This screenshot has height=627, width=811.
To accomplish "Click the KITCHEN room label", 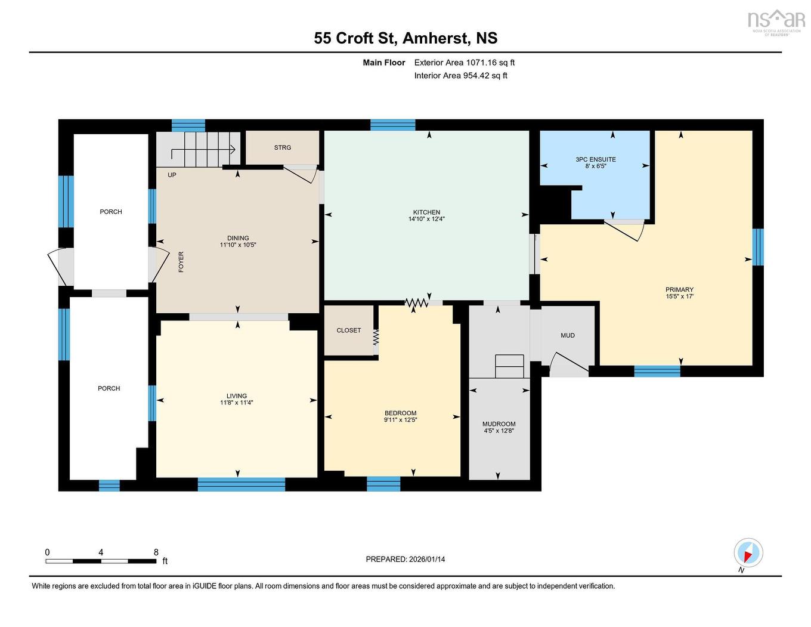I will (x=426, y=212).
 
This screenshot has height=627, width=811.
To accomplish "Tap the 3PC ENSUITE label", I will (x=595, y=159).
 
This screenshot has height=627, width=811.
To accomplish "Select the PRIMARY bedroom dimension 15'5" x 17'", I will (x=679, y=296).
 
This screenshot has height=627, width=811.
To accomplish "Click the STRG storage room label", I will (x=283, y=147).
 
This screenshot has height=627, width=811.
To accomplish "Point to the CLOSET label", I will (x=349, y=331).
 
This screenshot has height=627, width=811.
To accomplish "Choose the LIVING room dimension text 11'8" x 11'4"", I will (x=237, y=403).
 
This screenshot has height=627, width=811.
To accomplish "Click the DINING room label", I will (x=238, y=238).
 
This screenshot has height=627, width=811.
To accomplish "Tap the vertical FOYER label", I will (x=181, y=262).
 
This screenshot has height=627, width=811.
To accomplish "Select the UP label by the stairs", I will (x=172, y=175).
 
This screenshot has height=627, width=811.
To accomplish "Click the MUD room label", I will (x=567, y=335).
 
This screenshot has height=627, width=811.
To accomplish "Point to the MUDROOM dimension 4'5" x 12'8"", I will (x=499, y=431).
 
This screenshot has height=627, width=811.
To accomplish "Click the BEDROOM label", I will (x=400, y=413).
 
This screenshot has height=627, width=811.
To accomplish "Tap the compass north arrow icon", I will (x=748, y=553).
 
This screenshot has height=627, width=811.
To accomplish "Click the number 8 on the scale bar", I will (x=156, y=552).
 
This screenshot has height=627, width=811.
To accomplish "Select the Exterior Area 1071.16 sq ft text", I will (x=464, y=63).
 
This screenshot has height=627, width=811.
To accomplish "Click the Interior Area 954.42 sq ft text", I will (x=460, y=76).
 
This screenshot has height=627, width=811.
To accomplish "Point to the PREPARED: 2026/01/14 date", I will (x=405, y=560).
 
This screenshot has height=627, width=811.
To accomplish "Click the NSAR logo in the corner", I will (x=776, y=21).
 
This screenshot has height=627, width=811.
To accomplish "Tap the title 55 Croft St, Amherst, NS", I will (x=405, y=38).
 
